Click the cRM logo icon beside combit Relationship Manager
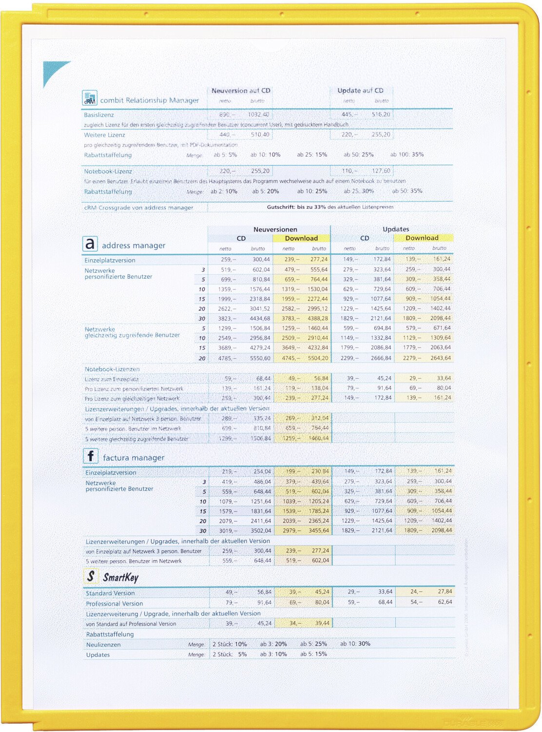[89, 98]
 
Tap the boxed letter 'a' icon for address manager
[90, 244]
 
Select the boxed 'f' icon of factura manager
[91, 456]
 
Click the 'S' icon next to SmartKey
[91, 576]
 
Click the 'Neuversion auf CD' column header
[241, 91]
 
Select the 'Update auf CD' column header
[360, 91]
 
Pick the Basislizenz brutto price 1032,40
[258, 115]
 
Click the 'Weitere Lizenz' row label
[104, 135]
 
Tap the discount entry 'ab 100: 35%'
[407, 155]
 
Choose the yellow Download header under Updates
[422, 238]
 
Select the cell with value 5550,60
[260, 358]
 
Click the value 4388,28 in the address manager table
[318, 319]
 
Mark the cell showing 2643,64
[441, 358]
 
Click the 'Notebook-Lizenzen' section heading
[112, 369]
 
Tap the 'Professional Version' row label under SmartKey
[115, 604]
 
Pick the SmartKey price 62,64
[445, 602]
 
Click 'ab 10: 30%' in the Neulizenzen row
[355, 644]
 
